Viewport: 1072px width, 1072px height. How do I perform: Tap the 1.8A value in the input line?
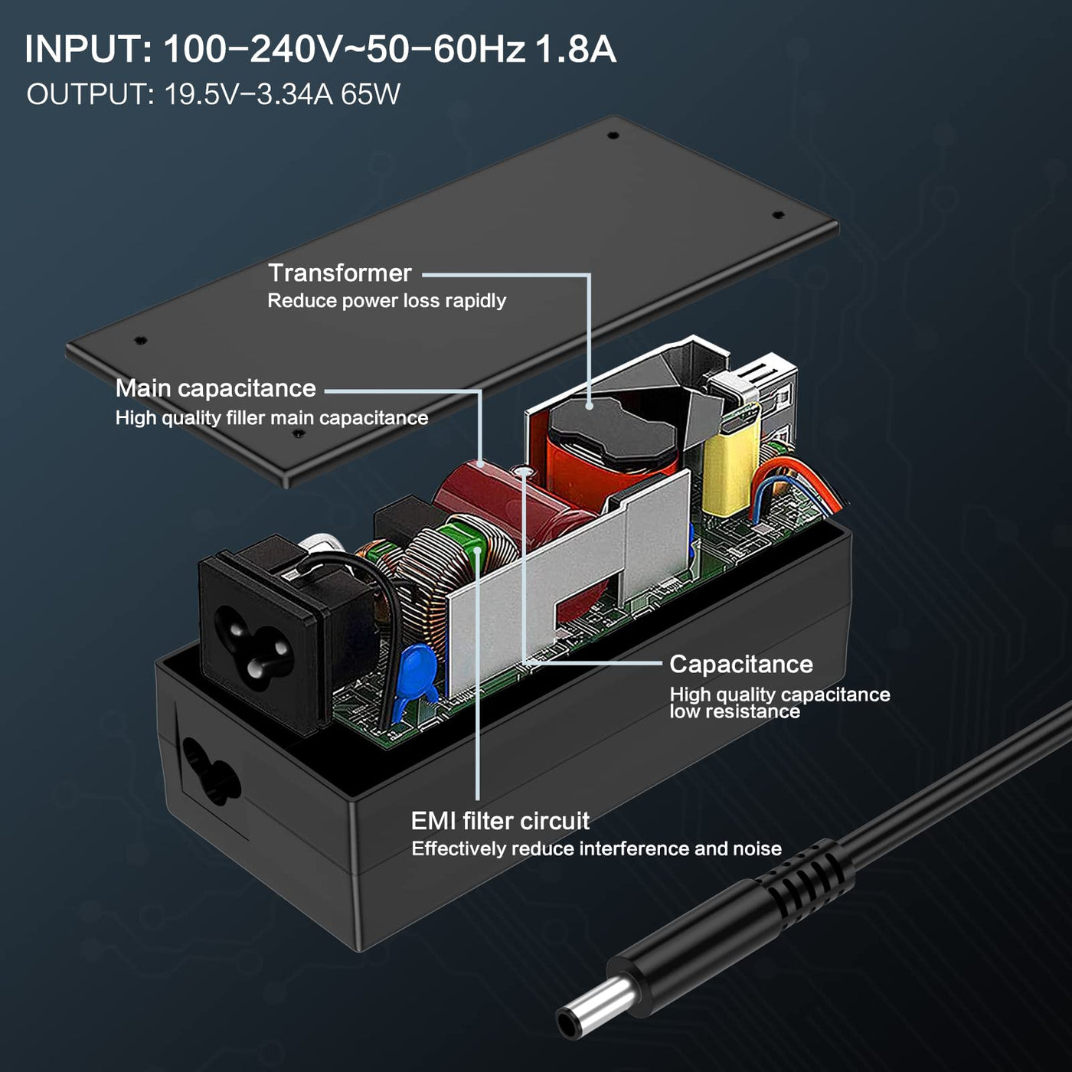[575, 49]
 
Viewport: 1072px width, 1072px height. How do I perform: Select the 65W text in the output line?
[371, 94]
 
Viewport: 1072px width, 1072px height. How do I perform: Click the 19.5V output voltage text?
[201, 94]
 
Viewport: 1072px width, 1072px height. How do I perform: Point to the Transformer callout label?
[340, 273]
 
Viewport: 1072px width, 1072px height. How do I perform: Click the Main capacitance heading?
[215, 388]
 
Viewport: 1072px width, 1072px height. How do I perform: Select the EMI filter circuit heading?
[500, 821]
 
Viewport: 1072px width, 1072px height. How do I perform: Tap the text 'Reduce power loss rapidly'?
[387, 301]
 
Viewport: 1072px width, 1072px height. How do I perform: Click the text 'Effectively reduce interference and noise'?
[596, 849]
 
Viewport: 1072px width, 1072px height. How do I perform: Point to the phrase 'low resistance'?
[734, 711]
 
